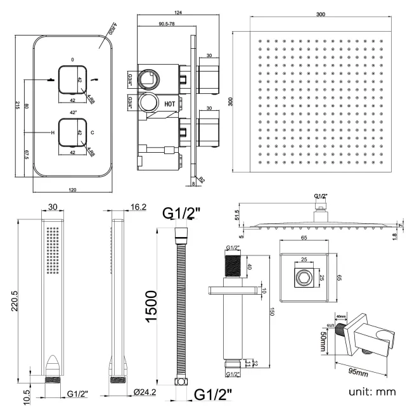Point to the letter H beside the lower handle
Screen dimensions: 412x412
pyautogui.click(x=53, y=132)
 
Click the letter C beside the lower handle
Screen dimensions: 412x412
pyautogui.click(x=93, y=132)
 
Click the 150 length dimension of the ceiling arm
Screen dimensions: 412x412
pyautogui.click(x=272, y=312)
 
